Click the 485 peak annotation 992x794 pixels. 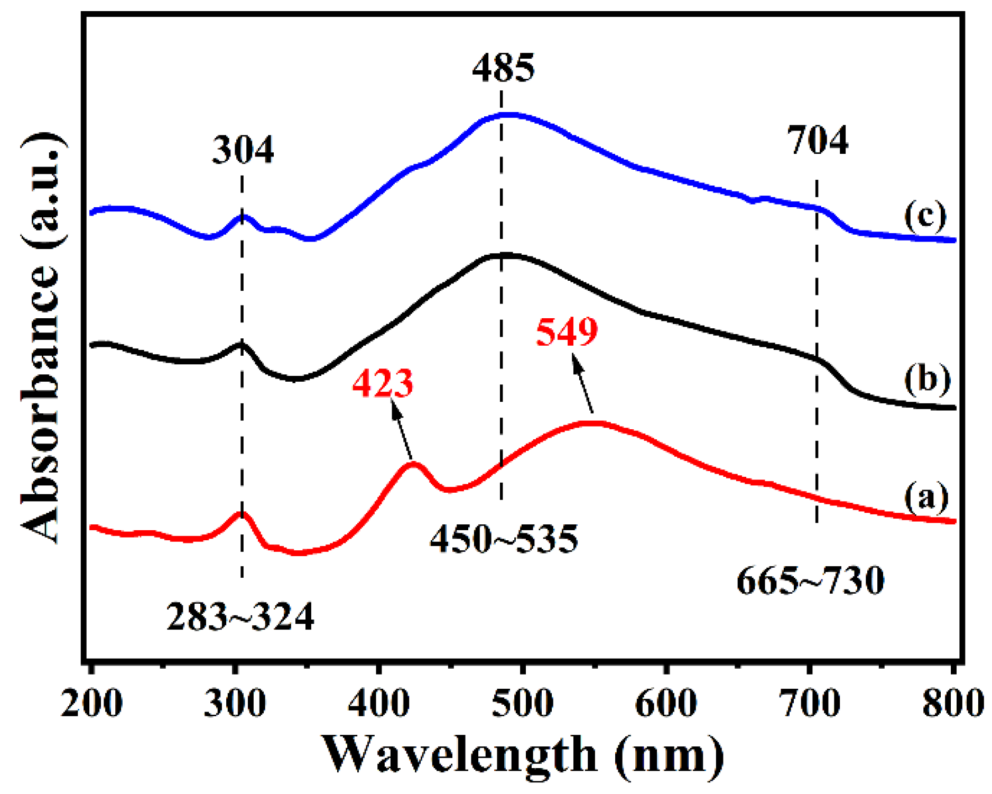[503, 69]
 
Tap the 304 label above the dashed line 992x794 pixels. [243, 150]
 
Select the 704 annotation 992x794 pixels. [817, 141]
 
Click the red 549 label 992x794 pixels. [567, 333]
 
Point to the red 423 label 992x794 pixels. [383, 383]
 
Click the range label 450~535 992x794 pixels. [504, 540]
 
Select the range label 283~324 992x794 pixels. [240, 617]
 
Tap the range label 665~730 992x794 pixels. [810, 581]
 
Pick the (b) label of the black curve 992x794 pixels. [927, 379]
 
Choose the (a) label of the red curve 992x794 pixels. [926, 497]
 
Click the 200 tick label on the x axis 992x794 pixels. [92, 704]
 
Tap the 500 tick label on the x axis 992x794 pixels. [522, 704]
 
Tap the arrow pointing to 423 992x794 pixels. [402, 429]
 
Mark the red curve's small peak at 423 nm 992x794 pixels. [413, 464]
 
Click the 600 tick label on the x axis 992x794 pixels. [666, 704]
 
